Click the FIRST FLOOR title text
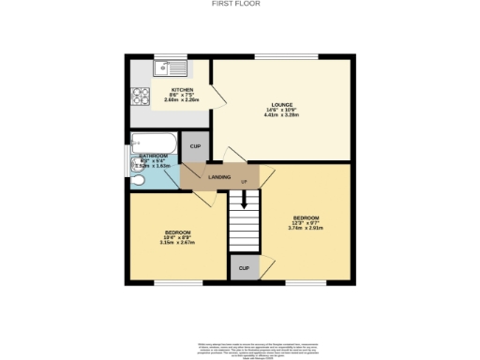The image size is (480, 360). pos(240,4)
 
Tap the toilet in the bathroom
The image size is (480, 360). pos(138,178)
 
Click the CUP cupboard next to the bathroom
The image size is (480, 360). pos(195,147)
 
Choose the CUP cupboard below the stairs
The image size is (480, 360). pos(244,268)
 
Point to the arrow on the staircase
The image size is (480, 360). pos(244,200)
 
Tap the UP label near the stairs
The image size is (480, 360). pos(244,182)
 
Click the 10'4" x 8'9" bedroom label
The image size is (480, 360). pos(178,237)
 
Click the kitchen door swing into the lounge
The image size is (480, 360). pos(217,97)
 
